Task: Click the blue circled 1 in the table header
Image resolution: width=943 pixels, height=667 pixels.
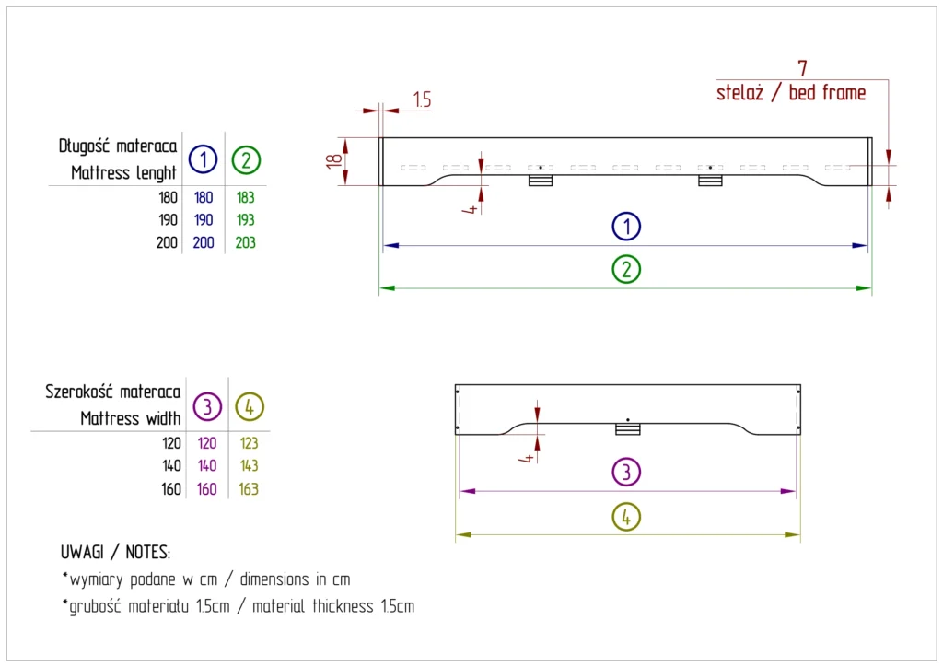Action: coord(203,159)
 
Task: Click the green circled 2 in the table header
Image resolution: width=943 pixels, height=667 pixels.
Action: coord(246,159)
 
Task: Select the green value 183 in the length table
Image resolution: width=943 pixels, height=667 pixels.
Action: coord(246,197)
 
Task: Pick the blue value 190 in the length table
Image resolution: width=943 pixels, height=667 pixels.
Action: coord(203,220)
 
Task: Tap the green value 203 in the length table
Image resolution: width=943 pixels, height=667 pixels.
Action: coord(246,243)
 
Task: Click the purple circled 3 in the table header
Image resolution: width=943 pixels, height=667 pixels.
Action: coord(207,405)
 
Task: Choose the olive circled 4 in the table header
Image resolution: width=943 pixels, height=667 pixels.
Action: coord(250,405)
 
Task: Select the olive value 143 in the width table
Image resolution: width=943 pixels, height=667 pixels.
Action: coord(249,466)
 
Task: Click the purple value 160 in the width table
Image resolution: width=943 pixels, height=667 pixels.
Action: coord(207,489)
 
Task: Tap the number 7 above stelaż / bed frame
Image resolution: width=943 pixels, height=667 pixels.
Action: coord(802,69)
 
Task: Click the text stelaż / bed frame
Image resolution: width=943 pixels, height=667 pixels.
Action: coord(791,93)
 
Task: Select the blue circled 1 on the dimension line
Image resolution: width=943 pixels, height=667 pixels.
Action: coord(626,226)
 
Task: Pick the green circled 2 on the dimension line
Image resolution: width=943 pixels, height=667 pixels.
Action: coord(626,269)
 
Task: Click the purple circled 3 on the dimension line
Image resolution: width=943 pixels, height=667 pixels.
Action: coord(626,473)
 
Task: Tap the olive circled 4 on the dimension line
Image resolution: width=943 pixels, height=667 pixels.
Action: coord(626,516)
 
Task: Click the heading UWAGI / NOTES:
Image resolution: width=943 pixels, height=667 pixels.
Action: coord(115,553)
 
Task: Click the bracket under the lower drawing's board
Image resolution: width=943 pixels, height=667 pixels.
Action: coord(627,428)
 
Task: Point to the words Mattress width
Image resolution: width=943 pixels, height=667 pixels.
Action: coord(130,418)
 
